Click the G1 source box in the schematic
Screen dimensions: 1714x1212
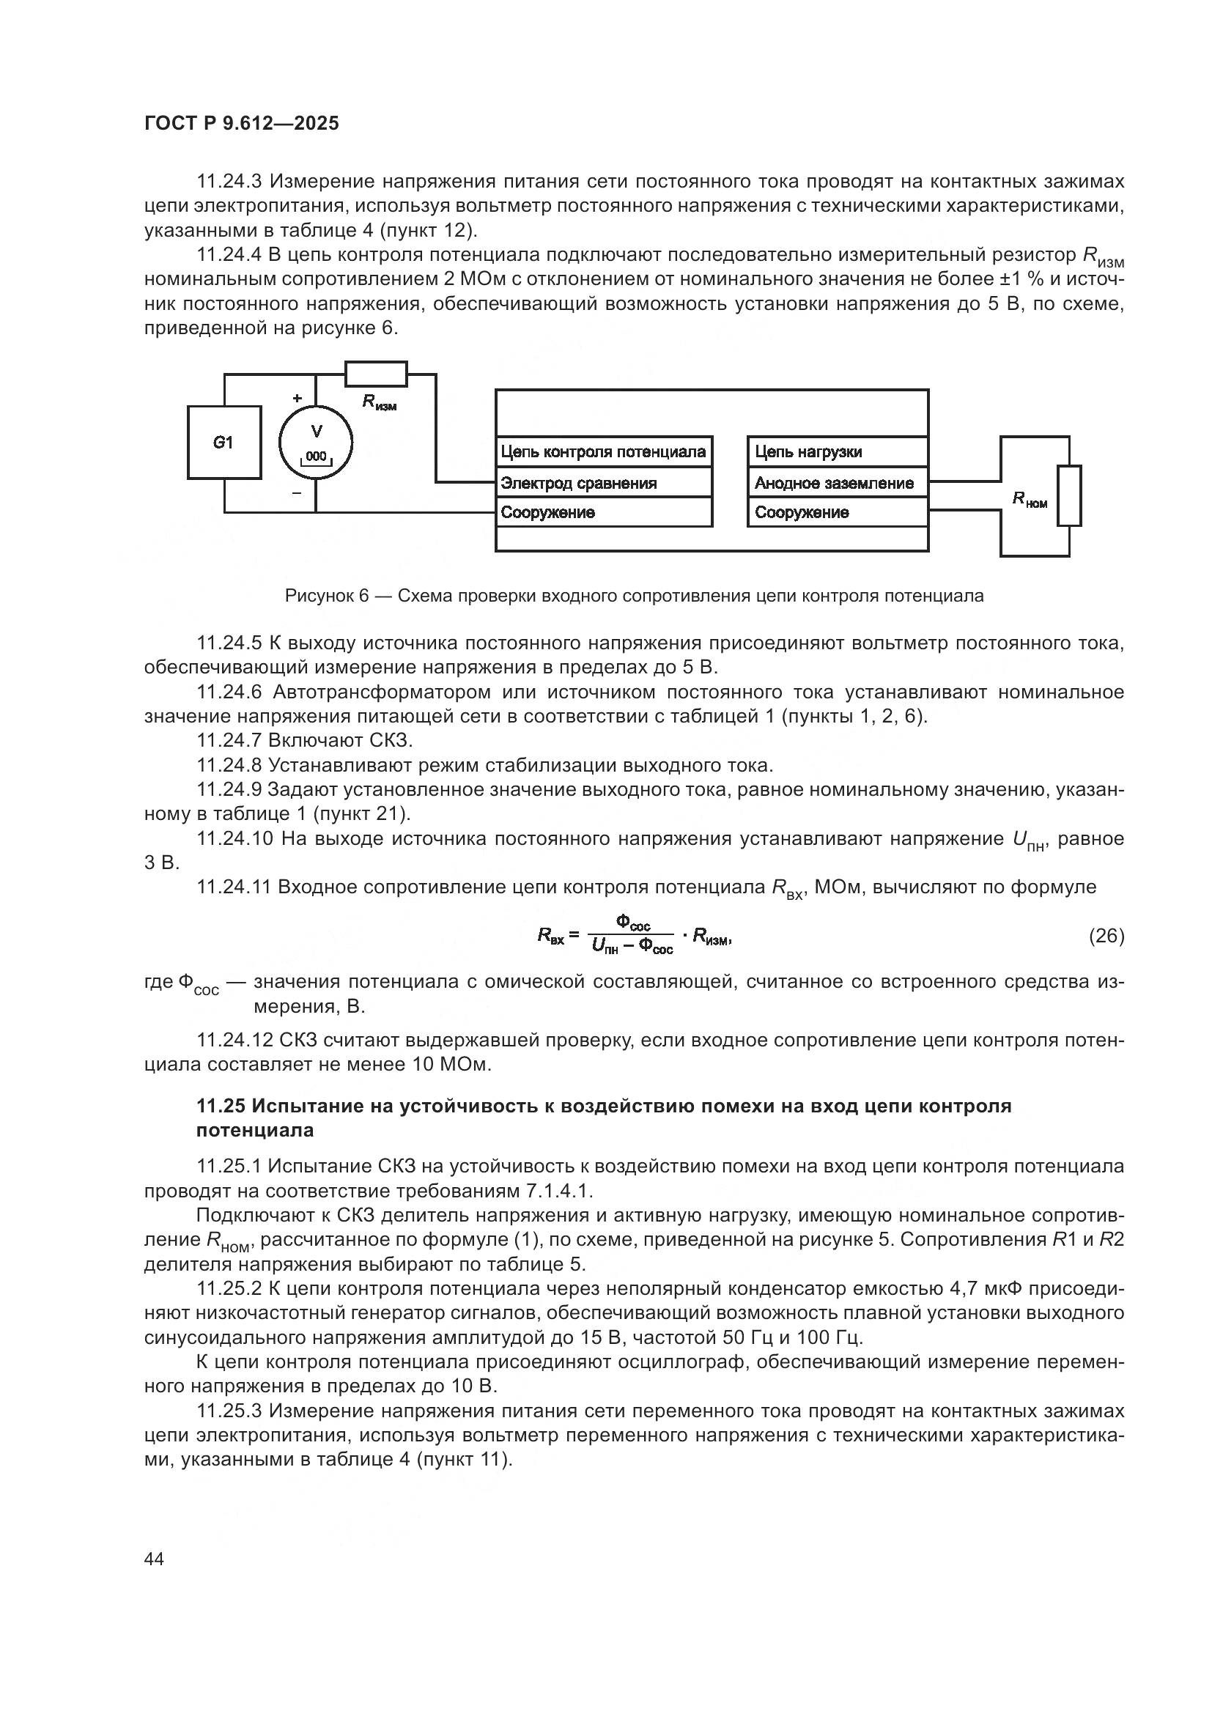coord(224,442)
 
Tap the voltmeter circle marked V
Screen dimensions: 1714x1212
coord(316,443)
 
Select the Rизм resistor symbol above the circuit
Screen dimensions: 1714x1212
coord(376,374)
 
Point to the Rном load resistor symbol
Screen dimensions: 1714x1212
coord(1069,495)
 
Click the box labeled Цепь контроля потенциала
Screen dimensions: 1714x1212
coord(604,451)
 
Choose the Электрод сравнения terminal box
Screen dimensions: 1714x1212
coord(604,483)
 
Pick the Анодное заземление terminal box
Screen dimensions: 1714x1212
coord(838,483)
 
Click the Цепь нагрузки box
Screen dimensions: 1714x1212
coord(838,451)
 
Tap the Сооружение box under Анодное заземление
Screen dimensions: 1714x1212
coord(838,512)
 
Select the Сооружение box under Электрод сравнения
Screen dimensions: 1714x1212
coord(604,512)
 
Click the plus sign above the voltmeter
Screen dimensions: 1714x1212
coord(297,399)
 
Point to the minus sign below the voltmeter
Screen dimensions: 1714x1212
coord(297,492)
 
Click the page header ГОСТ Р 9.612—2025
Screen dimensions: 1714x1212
coord(241,123)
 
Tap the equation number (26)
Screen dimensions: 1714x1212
coord(1106,935)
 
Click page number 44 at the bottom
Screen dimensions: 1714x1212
coord(155,1559)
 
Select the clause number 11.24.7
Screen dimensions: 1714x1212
coord(229,741)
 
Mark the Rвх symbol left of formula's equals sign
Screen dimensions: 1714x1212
coord(551,935)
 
